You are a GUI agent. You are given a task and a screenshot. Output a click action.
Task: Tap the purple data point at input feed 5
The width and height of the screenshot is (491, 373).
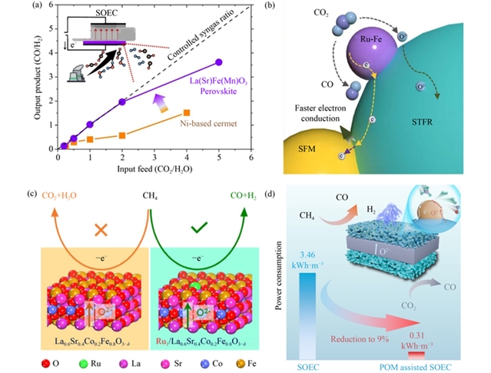tap(219, 62)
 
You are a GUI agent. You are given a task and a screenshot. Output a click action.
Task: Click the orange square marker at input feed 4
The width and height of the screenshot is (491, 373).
tap(187, 112)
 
